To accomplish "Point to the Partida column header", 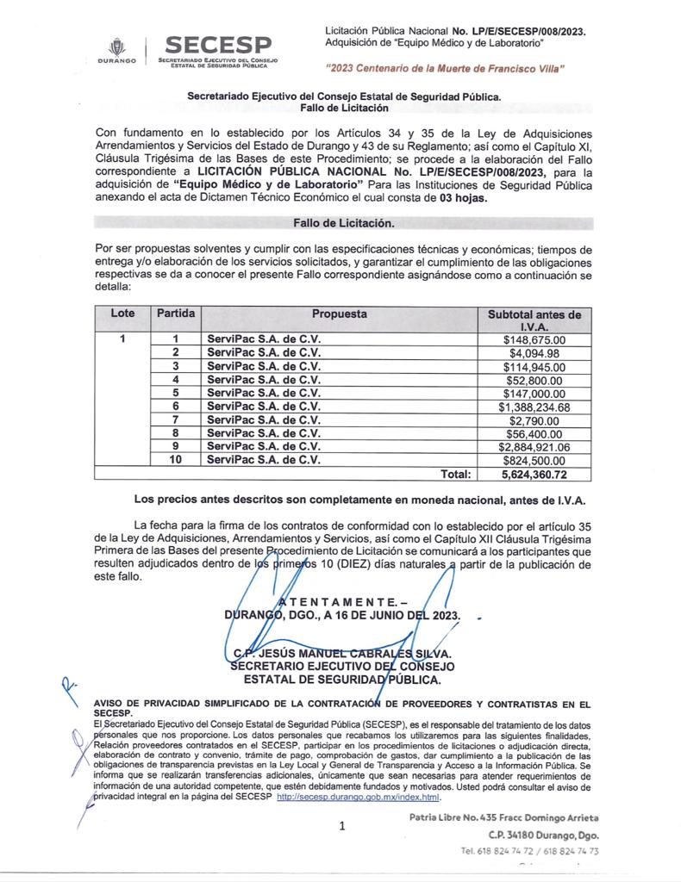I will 175,314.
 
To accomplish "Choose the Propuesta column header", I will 339,314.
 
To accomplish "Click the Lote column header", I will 122,314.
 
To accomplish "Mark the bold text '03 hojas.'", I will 459,197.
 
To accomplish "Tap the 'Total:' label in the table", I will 456,474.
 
